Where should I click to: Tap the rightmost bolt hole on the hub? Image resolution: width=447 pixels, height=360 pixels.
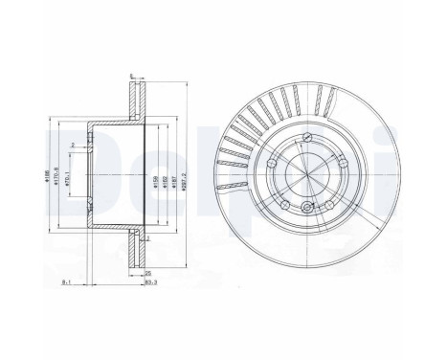[337, 164]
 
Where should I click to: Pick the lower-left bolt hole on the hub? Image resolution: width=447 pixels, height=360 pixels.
[283, 202]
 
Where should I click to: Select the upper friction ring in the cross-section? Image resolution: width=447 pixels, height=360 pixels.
[135, 97]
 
